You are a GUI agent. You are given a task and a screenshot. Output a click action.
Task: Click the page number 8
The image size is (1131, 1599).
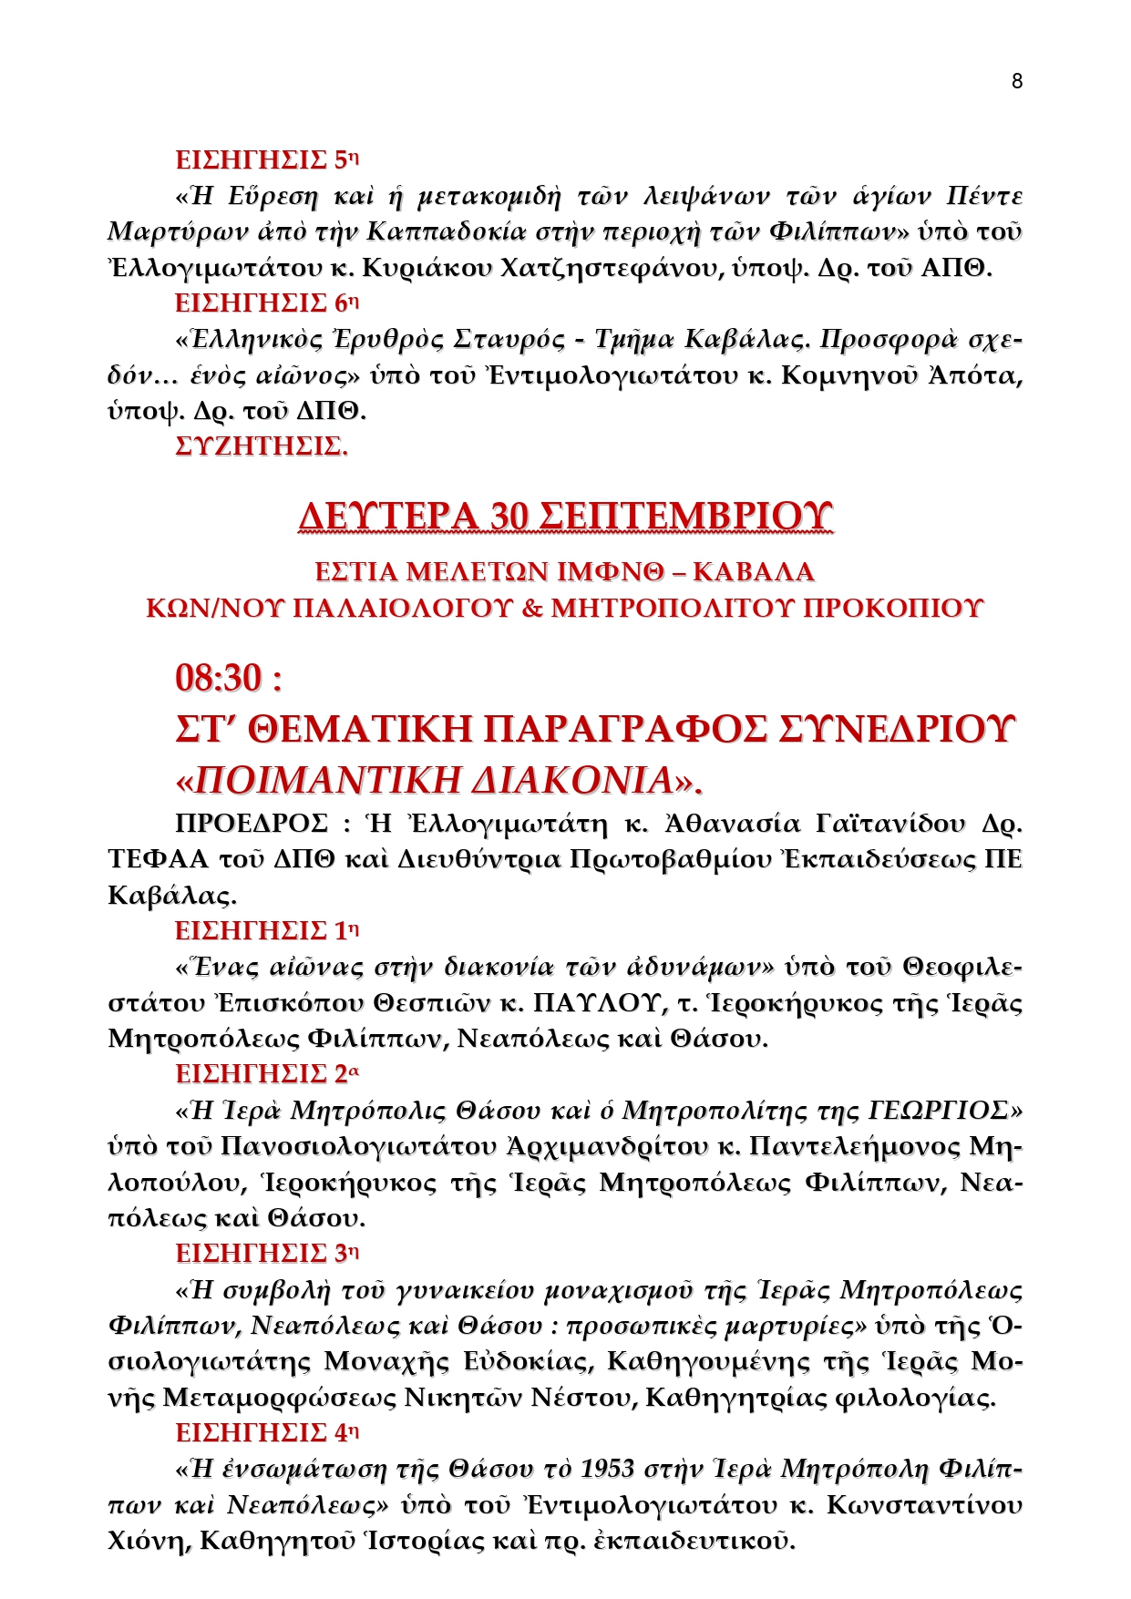(x=1017, y=81)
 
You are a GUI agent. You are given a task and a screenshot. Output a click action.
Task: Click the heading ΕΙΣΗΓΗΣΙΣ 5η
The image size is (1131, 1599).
(x=267, y=160)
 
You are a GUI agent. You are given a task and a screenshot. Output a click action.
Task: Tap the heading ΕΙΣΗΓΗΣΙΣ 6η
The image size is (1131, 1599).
(x=267, y=303)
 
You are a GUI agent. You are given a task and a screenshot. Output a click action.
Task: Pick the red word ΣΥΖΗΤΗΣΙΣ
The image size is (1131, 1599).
(x=262, y=446)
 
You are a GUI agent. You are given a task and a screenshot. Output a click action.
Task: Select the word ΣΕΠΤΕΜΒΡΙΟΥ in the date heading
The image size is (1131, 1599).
(x=685, y=517)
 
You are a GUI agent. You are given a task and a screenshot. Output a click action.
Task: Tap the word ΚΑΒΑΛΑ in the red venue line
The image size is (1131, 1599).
(x=754, y=572)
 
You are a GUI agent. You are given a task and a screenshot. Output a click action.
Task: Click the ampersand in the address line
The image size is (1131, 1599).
(x=531, y=608)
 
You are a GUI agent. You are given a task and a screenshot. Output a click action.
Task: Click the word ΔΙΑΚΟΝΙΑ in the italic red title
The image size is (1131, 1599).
(x=574, y=781)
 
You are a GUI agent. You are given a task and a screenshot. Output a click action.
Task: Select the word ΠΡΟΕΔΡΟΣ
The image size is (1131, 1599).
(x=251, y=824)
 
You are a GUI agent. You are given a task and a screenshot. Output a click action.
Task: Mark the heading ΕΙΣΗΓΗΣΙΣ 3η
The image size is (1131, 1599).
(x=267, y=1254)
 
